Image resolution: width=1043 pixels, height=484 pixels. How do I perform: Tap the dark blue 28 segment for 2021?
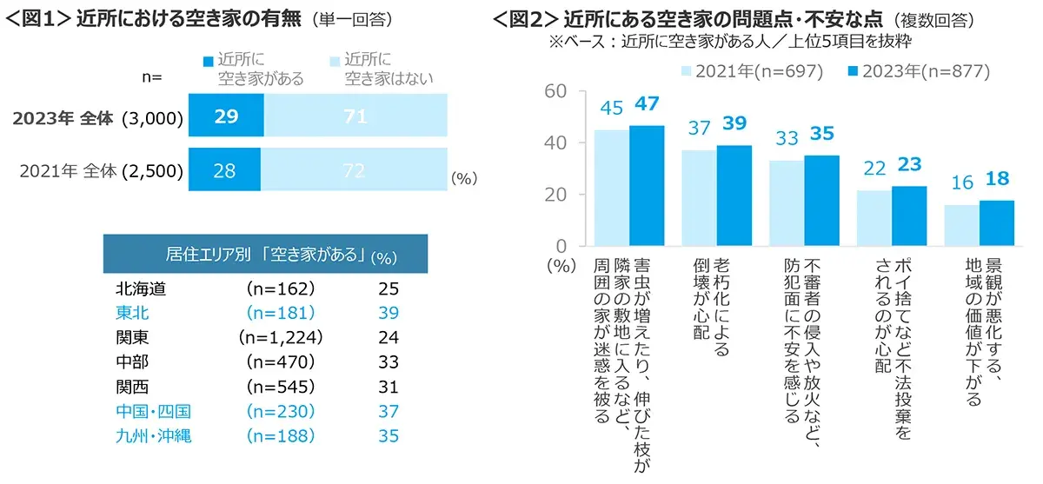click(x=225, y=171)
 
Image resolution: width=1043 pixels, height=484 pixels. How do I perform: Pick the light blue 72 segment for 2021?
click(x=355, y=171)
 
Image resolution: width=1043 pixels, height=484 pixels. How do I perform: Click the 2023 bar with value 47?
click(x=647, y=186)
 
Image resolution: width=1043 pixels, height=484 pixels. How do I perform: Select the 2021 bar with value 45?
click(x=611, y=188)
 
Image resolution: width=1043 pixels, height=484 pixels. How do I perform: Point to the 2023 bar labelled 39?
click(x=734, y=196)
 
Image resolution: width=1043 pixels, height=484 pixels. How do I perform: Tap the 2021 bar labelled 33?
click(x=787, y=203)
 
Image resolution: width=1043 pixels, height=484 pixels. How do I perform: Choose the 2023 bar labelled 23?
click(x=909, y=216)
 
